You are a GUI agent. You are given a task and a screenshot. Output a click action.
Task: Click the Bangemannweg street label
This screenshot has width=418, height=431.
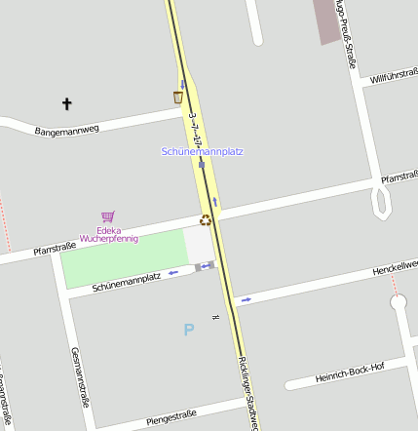tap(67, 129)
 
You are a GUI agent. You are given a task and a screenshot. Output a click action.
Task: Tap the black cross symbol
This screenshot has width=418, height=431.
tap(67, 103)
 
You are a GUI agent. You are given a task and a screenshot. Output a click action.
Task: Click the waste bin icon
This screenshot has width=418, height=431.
tap(177, 97)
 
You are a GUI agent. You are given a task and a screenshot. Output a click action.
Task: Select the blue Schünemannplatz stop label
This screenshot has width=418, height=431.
tap(202, 151)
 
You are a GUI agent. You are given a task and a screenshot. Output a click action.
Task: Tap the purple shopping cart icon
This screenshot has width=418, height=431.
tap(107, 217)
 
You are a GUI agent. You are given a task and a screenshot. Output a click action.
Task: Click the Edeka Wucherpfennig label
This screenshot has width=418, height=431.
tap(109, 234)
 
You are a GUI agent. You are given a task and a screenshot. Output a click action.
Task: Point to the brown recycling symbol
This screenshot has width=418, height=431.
tap(206, 219)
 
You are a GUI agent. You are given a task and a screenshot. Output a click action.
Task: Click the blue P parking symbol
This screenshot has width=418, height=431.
tap(188, 330)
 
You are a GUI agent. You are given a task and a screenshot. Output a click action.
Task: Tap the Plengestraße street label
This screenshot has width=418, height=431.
tap(171, 417)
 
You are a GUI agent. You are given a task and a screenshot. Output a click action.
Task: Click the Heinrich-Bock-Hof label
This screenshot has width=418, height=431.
tap(350, 372)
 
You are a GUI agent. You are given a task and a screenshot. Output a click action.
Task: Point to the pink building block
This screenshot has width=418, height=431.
tap(328, 20)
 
